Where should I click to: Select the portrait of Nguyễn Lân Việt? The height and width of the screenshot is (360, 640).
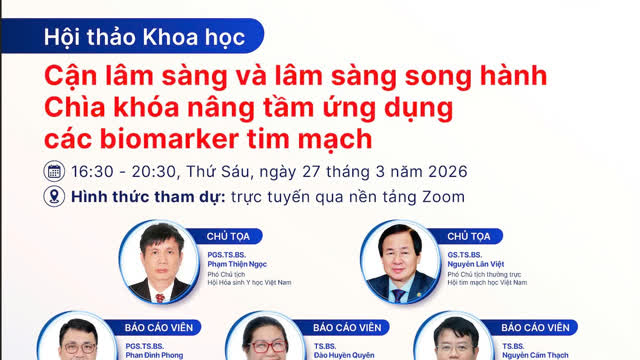click(399, 262)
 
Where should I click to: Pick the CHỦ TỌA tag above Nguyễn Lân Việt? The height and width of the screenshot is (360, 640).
click(469, 236)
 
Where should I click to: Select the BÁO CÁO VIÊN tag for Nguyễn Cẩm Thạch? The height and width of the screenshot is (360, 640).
click(535, 327)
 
